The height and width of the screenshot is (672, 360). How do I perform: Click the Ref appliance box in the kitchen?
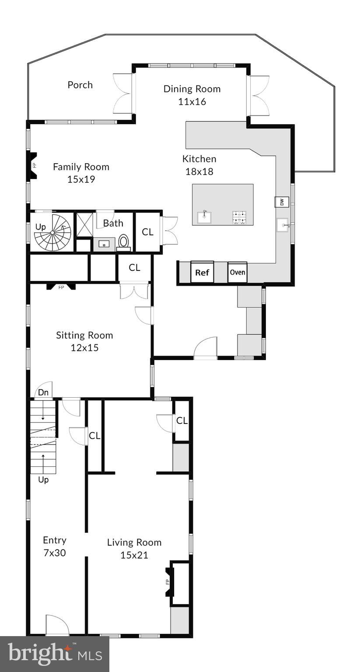tap(202, 273)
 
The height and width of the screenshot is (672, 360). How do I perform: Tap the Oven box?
tap(238, 272)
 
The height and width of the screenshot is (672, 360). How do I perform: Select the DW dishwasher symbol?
tap(282, 202)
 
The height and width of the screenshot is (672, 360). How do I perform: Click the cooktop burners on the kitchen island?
tap(239, 217)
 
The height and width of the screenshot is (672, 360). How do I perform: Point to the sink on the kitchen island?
tap(204, 217)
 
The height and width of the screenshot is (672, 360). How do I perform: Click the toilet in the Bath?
tap(124, 242)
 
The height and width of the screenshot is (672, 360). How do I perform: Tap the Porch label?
tap(80, 85)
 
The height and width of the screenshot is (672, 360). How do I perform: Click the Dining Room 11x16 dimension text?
tap(192, 101)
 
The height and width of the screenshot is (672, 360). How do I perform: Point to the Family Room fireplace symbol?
tap(33, 166)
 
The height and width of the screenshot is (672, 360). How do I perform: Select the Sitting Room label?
tap(84, 335)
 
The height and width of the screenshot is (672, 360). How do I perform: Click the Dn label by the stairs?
tap(43, 392)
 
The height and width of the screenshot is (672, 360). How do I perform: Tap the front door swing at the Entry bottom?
tap(57, 625)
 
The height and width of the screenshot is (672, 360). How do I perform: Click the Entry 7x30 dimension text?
tap(54, 553)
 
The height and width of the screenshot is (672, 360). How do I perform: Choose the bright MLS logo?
tap(54, 654)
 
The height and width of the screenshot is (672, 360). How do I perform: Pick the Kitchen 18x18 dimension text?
tap(199, 171)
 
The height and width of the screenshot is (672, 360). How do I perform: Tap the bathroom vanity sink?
tap(104, 244)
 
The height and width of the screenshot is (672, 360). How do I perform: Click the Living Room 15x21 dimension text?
tap(134, 555)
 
